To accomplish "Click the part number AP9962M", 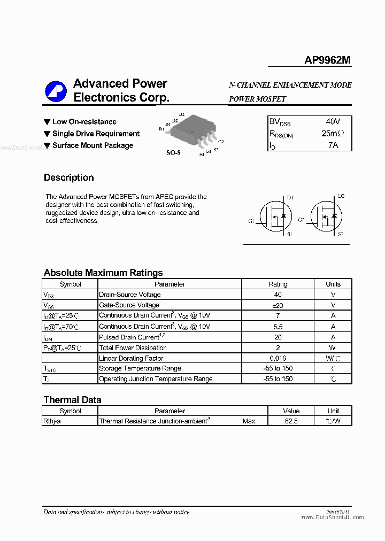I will [327, 60].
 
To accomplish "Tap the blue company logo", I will [56, 91].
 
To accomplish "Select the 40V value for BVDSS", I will [332, 121].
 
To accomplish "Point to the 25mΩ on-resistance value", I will [332, 133].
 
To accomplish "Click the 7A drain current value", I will [333, 145].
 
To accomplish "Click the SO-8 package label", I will [173, 153].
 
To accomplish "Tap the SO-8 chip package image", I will [196, 133].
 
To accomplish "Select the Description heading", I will [68, 177].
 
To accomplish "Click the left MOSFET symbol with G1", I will [272, 217].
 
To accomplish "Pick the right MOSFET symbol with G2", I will [324, 217].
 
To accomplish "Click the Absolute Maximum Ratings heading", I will [103, 273].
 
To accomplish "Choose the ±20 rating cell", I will [278, 305].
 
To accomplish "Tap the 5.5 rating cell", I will [278, 326].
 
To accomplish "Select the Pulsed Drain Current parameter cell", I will [130, 337].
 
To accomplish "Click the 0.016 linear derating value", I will [278, 358].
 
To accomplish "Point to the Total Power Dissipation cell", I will [133, 348].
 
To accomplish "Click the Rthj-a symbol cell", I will [52, 421].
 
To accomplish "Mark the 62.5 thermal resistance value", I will [291, 421].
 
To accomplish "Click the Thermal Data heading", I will [72, 400].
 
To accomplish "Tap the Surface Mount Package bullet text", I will [93, 145].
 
